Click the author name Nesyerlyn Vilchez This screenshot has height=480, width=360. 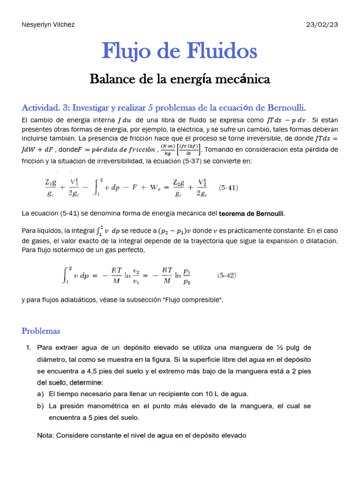(x=48, y=24)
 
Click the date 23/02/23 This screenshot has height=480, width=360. (x=322, y=24)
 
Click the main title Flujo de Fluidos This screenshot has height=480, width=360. (x=180, y=51)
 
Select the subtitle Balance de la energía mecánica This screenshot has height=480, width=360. (x=180, y=79)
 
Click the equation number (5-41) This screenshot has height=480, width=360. (x=229, y=188)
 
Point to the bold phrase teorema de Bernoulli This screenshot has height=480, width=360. (x=252, y=214)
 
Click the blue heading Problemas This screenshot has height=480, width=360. (x=41, y=331)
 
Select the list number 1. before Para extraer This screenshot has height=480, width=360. (x=29, y=348)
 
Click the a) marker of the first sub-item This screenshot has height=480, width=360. (x=40, y=394)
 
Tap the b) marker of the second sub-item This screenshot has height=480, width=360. (x=40, y=406)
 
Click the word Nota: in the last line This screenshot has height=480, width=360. (x=45, y=435)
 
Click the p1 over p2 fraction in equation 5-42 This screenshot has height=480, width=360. (x=187, y=276)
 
